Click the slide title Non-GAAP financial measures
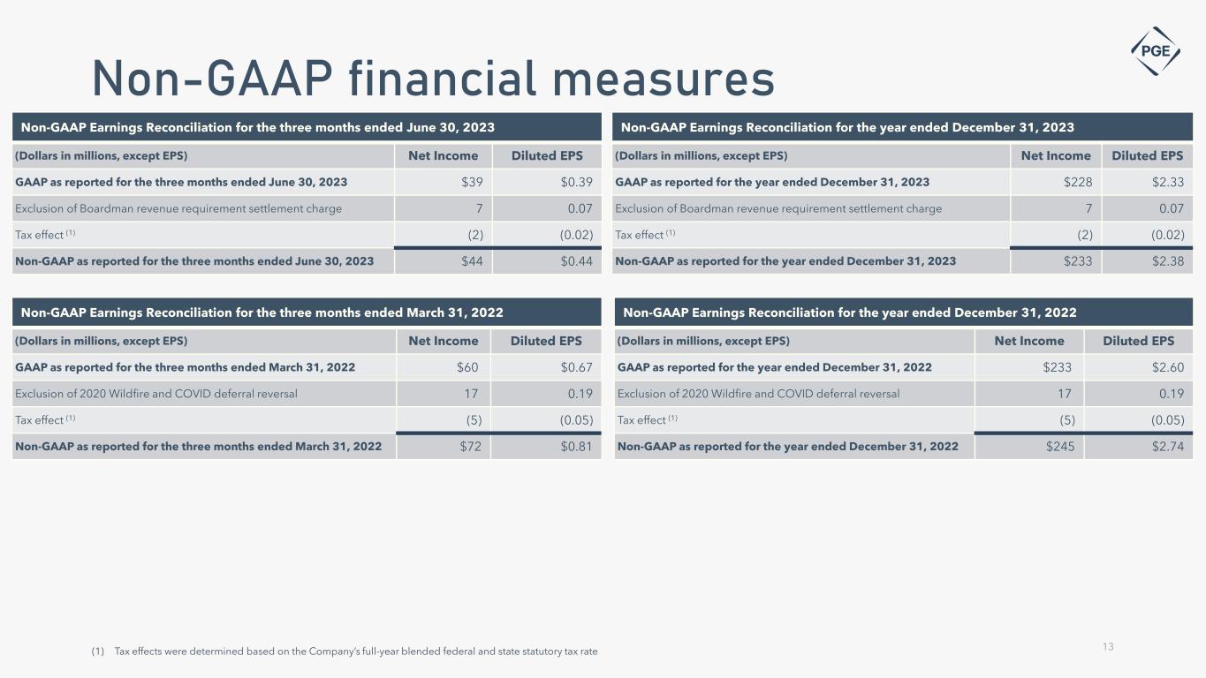pos(433,79)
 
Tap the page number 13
pos(1108,647)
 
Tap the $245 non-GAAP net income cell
pos(1059,447)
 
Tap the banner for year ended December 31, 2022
pos(902,313)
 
